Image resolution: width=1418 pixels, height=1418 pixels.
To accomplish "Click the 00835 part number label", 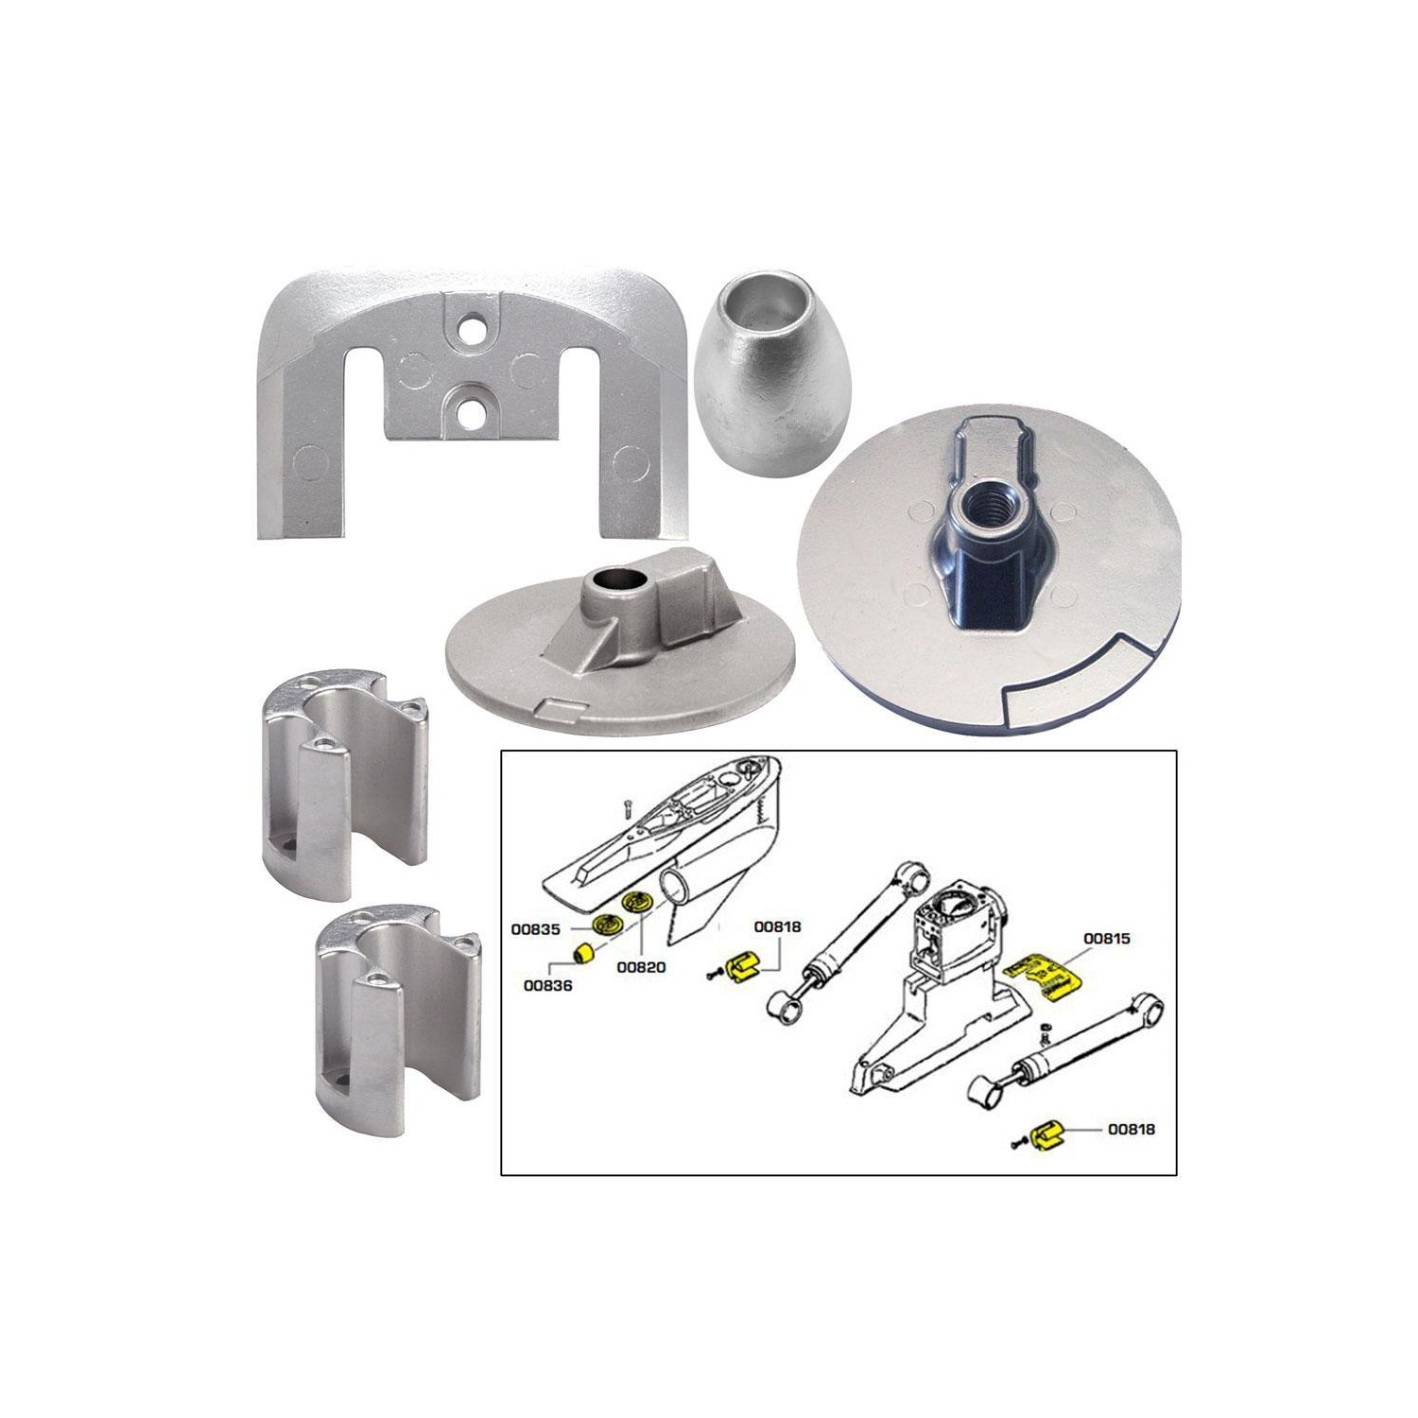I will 536,929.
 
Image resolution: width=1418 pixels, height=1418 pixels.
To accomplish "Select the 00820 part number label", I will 642,967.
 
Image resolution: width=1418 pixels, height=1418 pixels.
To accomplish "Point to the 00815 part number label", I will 1107,939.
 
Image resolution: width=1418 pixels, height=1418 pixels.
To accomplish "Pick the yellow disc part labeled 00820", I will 637,900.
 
